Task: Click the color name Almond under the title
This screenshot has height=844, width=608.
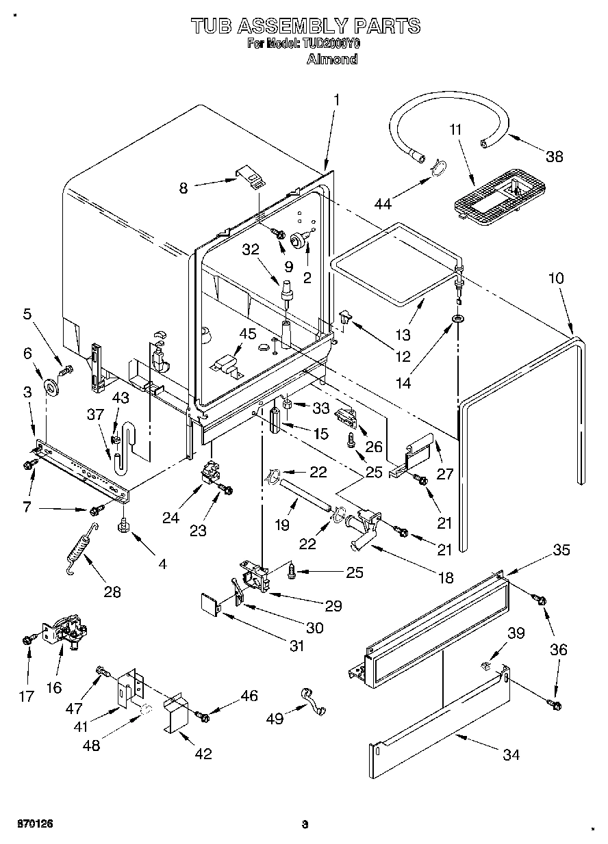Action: [x=332, y=59]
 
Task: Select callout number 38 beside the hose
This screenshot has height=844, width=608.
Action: [x=554, y=156]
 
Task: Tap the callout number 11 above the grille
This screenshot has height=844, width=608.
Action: [x=456, y=129]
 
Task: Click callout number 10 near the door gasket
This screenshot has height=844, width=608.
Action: [x=556, y=278]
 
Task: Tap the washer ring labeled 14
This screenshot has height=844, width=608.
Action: [x=456, y=319]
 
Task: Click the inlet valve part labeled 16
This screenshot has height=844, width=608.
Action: [x=65, y=631]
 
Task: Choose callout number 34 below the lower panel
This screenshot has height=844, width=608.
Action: [x=510, y=754]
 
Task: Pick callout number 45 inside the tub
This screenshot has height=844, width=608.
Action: [x=248, y=334]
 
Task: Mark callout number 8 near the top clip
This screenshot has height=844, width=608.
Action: [x=183, y=188]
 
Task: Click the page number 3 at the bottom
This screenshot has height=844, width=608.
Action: [x=305, y=825]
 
